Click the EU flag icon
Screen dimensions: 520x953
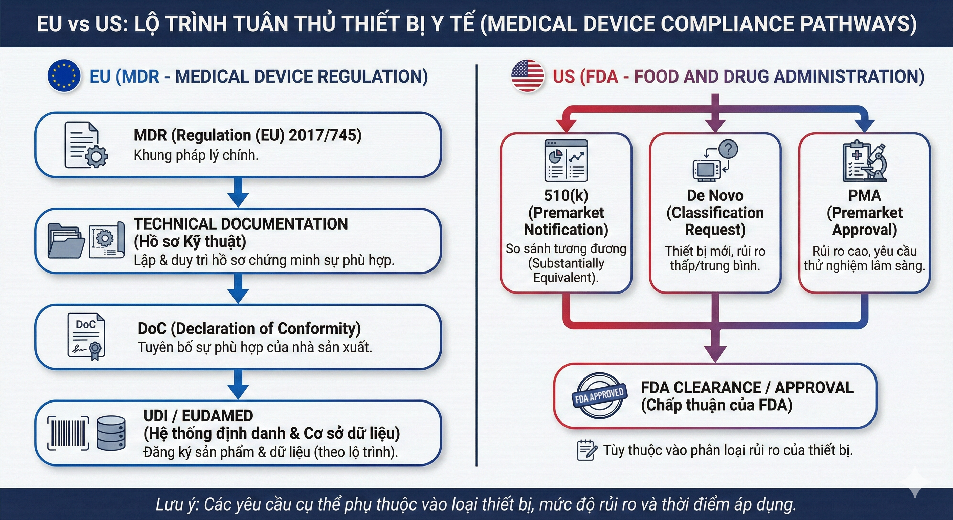pos(64,76)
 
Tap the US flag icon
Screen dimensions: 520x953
pos(528,76)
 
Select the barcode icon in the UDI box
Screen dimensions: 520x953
pos(68,433)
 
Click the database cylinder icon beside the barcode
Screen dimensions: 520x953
pos(111,433)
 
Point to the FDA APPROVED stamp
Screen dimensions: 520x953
pos(599,395)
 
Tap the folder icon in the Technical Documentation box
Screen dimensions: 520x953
pos(66,241)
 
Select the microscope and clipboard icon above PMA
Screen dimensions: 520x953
pos(865,161)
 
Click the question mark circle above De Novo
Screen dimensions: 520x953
pos(728,150)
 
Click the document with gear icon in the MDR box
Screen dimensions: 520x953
pos(85,145)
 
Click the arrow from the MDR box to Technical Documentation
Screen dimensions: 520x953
pos(238,192)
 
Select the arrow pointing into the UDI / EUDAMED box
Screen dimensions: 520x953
pos(238,385)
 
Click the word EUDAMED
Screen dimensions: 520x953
pos(217,416)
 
